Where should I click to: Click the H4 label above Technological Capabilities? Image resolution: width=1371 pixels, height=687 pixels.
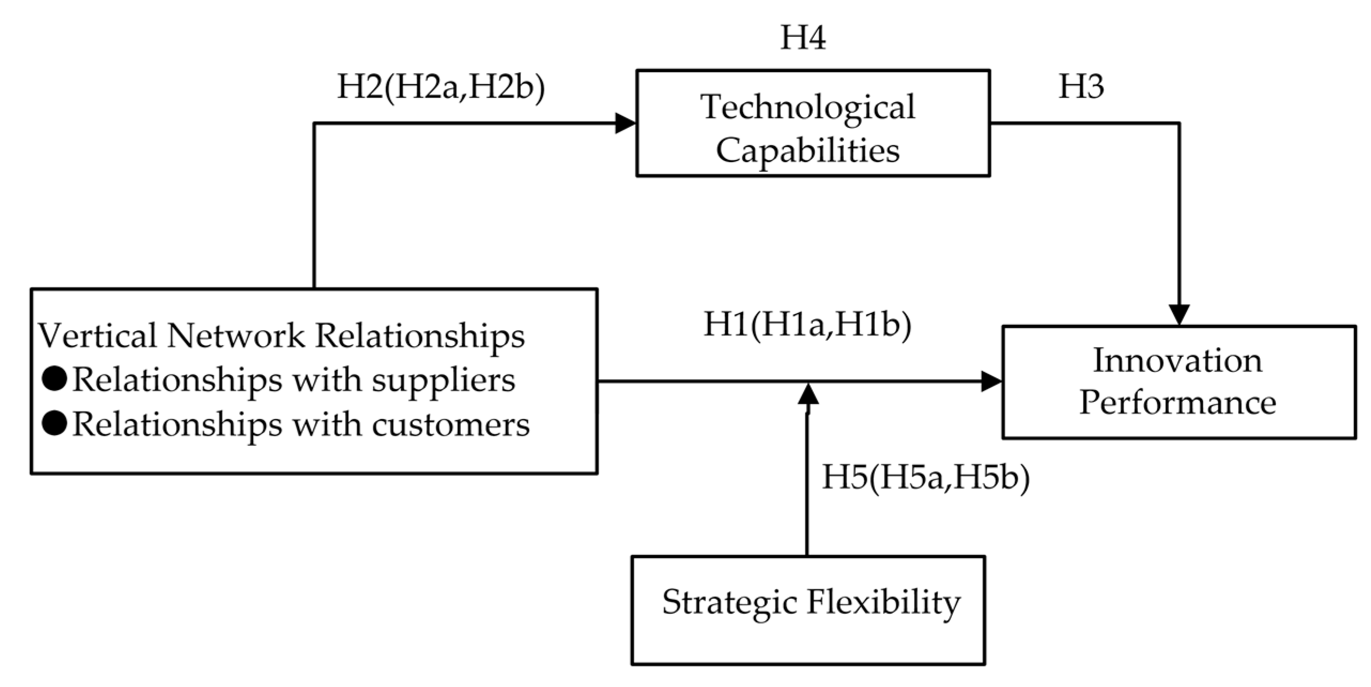pyautogui.click(x=803, y=38)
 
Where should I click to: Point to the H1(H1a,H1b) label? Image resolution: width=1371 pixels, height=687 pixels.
pyautogui.click(x=807, y=324)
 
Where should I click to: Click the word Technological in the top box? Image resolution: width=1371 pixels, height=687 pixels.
pyautogui.click(x=807, y=107)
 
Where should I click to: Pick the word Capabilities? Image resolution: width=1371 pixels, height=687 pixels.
pyautogui.click(x=807, y=150)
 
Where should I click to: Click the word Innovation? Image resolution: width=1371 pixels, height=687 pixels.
pyautogui.click(x=1177, y=360)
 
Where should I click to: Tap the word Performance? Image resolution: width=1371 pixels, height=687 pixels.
pyautogui.click(x=1177, y=402)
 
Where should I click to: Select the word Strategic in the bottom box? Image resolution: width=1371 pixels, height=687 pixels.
pyautogui.click(x=730, y=602)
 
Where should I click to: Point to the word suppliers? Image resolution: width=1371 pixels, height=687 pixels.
pyautogui.click(x=443, y=381)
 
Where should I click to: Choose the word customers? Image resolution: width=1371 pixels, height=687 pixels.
pyautogui.click(x=450, y=425)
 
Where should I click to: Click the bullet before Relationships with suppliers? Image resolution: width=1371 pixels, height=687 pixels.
pyautogui.click(x=55, y=379)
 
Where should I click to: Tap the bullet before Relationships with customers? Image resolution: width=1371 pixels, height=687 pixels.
pyautogui.click(x=55, y=424)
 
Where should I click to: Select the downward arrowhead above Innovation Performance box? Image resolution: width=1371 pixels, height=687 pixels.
pyautogui.click(x=1179, y=314)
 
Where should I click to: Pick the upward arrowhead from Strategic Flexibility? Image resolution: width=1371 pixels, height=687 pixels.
pyautogui.click(x=807, y=394)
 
